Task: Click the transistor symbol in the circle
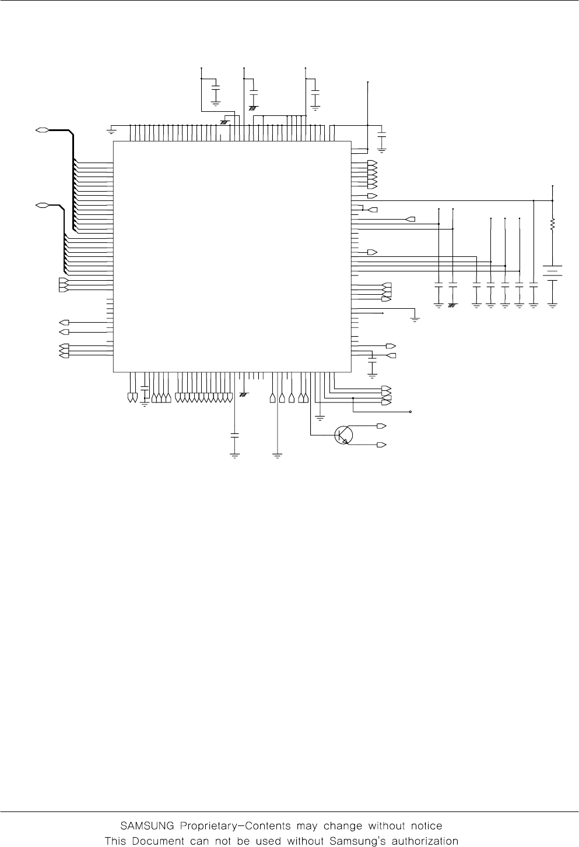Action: point(343,435)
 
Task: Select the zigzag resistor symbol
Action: point(552,224)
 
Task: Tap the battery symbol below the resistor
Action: point(552,273)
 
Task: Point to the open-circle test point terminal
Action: point(410,412)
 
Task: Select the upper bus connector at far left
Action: point(41,129)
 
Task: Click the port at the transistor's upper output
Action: point(382,426)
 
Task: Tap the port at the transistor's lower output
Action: point(382,445)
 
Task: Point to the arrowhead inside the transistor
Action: point(348,442)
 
